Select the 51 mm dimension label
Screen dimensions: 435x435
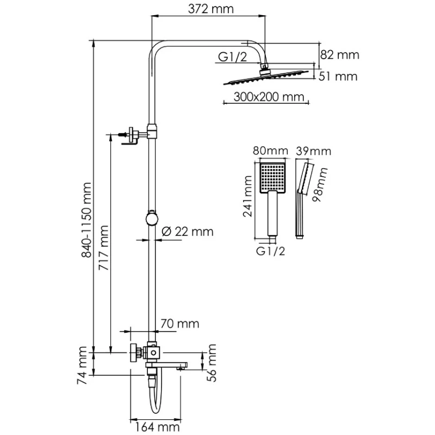tap(338, 77)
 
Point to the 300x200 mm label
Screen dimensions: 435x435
tap(263, 98)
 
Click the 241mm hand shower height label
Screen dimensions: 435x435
tap(247, 196)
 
